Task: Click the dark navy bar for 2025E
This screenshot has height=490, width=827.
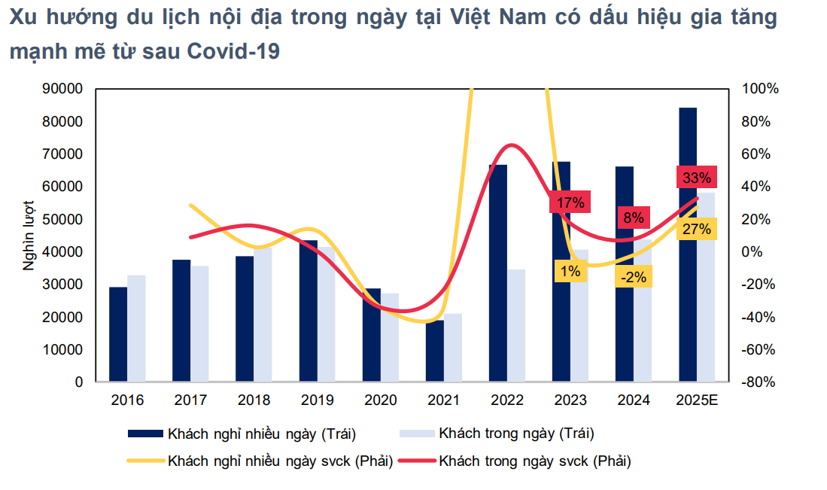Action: (687, 245)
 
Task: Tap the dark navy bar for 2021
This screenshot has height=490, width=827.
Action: (434, 351)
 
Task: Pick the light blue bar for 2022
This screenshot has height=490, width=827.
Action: (516, 325)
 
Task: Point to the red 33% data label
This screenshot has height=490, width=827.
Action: (696, 178)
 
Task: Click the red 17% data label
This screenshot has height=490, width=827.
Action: (570, 202)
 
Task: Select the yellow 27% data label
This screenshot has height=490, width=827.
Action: (695, 230)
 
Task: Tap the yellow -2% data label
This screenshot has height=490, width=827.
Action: (634, 276)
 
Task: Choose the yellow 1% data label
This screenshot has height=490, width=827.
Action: (570, 271)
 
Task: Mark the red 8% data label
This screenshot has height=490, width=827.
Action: (633, 218)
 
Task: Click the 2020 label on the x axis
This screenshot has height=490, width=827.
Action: (380, 400)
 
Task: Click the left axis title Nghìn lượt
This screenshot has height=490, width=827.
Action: (29, 236)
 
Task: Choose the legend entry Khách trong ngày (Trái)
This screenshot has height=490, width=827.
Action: (516, 434)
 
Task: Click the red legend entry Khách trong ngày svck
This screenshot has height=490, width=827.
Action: (534, 461)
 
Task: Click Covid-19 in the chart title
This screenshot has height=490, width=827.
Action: (233, 52)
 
